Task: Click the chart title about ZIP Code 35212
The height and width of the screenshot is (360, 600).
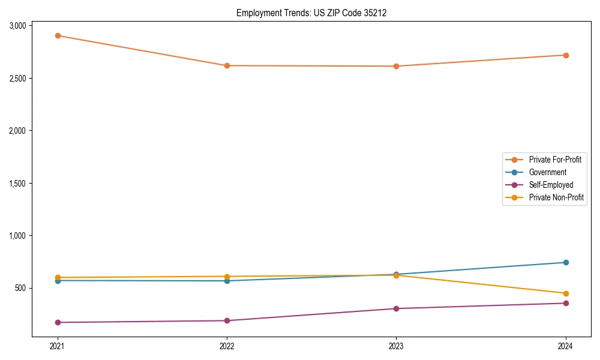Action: pyautogui.click(x=307, y=13)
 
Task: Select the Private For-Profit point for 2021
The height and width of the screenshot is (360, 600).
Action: pyautogui.click(x=58, y=35)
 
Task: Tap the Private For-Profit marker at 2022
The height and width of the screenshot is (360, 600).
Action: pyautogui.click(x=227, y=65)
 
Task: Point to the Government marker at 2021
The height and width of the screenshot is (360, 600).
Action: pyautogui.click(x=58, y=281)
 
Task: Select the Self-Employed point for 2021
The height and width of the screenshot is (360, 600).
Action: pyautogui.click(x=58, y=322)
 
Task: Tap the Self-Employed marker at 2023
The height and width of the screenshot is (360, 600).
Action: pyautogui.click(x=396, y=308)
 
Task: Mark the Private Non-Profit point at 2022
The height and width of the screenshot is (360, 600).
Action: pyautogui.click(x=227, y=276)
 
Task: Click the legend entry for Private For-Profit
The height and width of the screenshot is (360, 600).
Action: pyautogui.click(x=555, y=160)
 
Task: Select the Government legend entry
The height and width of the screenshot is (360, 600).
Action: pyautogui.click(x=547, y=172)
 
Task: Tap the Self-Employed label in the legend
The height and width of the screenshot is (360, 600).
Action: pyautogui.click(x=551, y=185)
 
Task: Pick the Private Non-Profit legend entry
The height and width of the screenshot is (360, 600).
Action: pyautogui.click(x=556, y=197)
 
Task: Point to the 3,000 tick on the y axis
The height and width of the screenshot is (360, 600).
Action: pyautogui.click(x=18, y=26)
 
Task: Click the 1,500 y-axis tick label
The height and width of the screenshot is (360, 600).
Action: pyautogui.click(x=18, y=183)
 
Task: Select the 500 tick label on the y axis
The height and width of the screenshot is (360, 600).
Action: pyautogui.click(x=21, y=288)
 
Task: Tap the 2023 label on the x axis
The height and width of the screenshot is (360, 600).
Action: pyautogui.click(x=396, y=346)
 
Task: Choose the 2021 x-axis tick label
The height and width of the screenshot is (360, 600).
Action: pyautogui.click(x=58, y=346)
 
